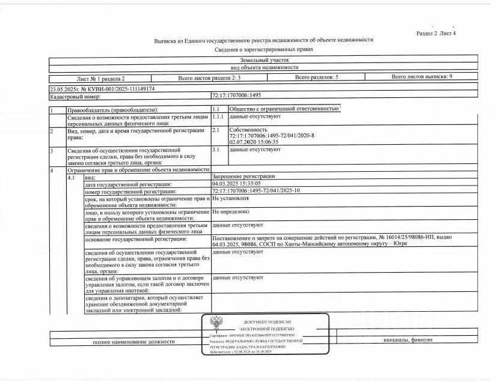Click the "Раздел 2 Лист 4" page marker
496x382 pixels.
click(436, 33)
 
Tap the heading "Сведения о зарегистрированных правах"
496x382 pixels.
click(264, 49)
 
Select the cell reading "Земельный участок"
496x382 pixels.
click(264, 60)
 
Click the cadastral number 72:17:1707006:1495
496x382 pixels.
click(236, 95)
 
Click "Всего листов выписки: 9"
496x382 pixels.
click(421, 77)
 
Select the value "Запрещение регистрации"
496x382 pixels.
click(243, 177)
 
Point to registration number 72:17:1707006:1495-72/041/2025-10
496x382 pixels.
click(256, 190)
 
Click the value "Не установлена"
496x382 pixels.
click(230, 198)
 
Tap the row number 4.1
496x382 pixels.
click(72, 177)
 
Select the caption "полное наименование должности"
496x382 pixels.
click(133, 342)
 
